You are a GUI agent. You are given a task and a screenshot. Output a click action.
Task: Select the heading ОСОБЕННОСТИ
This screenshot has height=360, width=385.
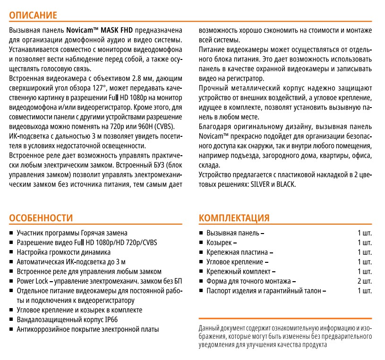point(42,218)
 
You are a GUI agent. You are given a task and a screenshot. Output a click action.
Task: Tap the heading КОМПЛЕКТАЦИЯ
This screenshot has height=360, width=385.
point(234,218)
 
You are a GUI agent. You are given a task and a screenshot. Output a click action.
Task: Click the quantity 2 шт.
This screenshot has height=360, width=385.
point(365,281)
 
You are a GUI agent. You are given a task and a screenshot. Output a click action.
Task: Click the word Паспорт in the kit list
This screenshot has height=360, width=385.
point(220,291)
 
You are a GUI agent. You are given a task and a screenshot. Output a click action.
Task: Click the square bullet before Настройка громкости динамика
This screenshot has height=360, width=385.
point(11,252)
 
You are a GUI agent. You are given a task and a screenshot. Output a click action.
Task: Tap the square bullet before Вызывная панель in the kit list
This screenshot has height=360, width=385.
point(201,234)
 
